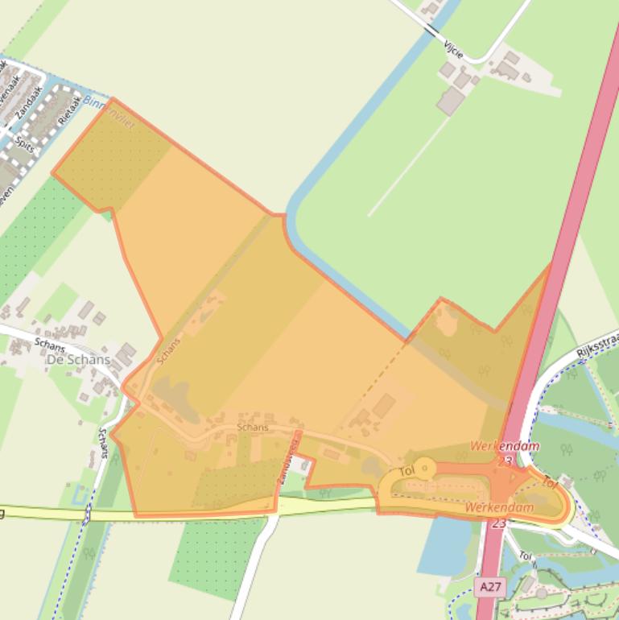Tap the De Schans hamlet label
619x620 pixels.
click(78, 359)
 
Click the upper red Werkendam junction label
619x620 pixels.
click(505, 445)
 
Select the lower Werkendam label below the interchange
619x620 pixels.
click(499, 508)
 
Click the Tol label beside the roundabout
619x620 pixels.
click(406, 470)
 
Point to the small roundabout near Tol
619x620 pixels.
click(424, 469)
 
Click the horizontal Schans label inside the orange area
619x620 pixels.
click(253, 427)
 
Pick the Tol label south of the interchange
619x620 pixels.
click(525, 556)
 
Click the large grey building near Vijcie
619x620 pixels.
click(451, 101)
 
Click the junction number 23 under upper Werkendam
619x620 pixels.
click(505, 461)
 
